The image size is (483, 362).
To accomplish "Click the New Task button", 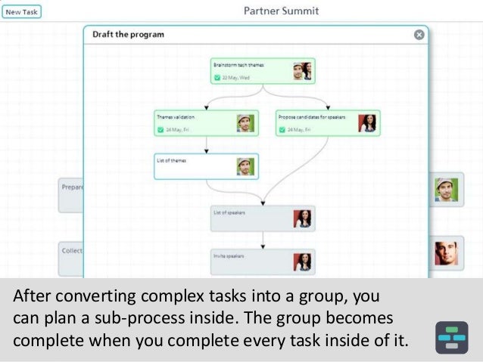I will point(21,12).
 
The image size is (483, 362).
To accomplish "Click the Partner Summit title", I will point(281,11).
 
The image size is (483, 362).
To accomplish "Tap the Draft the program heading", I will point(128,35).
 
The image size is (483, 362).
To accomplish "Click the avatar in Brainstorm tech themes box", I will point(303,71).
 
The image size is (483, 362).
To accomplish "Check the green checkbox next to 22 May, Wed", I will point(217,78).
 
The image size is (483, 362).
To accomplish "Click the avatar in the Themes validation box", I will point(245,123).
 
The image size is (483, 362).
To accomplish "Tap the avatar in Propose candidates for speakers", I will point(367,123).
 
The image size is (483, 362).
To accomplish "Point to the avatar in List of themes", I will point(245,166).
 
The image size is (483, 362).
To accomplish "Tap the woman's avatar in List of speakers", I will point(303,218).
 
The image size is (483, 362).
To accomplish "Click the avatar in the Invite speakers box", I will point(303,261).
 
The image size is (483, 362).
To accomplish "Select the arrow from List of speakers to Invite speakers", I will point(263,240).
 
